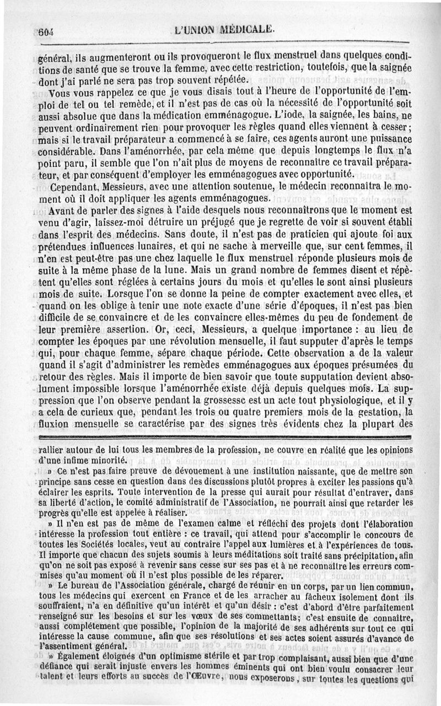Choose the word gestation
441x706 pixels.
tap(393, 402)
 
